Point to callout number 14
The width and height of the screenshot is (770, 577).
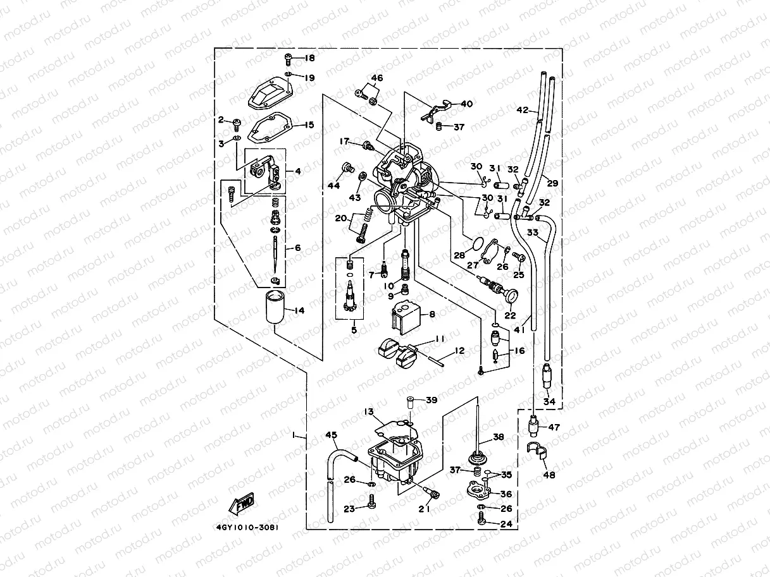[299, 310]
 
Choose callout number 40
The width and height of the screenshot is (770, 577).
[466, 103]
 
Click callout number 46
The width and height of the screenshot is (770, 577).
[376, 79]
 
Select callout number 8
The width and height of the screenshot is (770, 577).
[432, 313]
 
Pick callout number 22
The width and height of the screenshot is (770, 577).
[510, 315]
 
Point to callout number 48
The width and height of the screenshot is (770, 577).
[549, 475]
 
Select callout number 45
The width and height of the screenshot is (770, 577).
[331, 434]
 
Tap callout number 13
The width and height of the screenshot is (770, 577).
[369, 411]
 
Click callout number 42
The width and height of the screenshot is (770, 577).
[522, 110]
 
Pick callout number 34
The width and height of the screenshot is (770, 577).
[549, 401]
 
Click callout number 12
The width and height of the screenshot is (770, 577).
[459, 350]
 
